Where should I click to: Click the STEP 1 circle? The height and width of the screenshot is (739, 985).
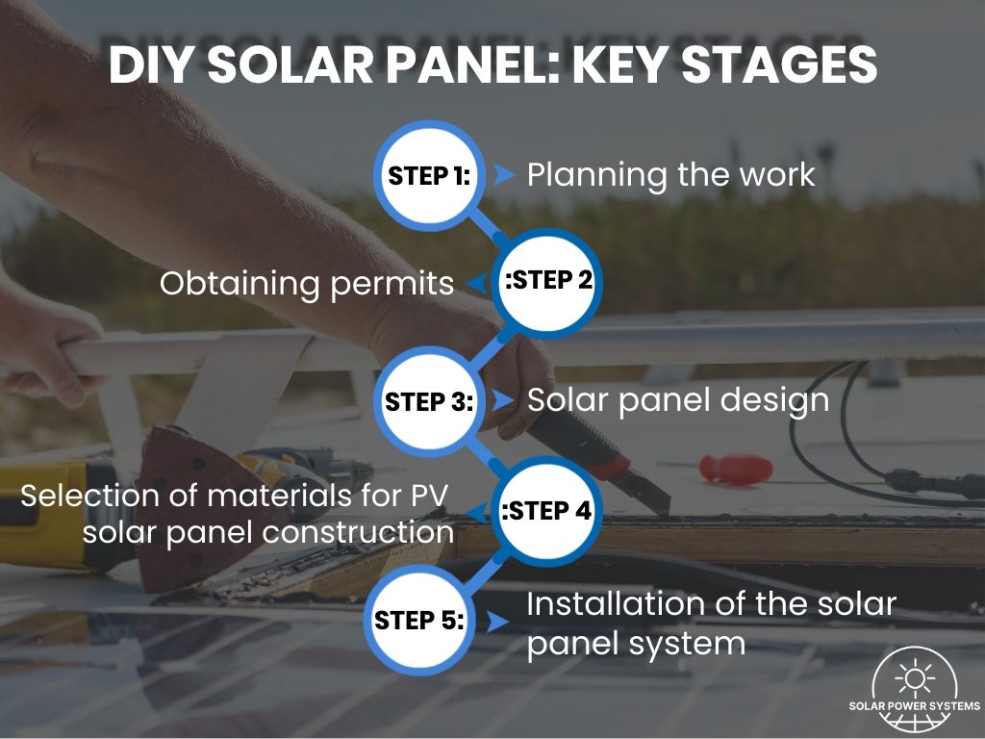[429, 175]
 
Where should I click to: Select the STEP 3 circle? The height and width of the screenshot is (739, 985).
[429, 401]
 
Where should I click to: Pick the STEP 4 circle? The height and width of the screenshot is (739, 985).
[546, 511]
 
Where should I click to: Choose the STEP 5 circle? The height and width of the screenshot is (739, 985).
[419, 620]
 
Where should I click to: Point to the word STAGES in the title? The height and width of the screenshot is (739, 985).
[779, 64]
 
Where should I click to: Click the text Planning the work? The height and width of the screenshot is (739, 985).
[670, 175]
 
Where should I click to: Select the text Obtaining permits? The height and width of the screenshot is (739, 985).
[307, 284]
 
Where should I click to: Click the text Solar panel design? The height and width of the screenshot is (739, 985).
[678, 401]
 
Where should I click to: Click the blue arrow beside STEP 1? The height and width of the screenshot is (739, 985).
[504, 175]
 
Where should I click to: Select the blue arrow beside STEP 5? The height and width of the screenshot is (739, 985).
[498, 623]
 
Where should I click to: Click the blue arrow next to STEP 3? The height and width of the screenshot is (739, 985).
[504, 400]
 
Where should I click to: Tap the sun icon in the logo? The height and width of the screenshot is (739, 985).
[915, 678]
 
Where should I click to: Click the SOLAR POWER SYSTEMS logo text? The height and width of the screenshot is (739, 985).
[915, 705]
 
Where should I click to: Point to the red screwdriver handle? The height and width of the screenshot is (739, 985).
[736, 470]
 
